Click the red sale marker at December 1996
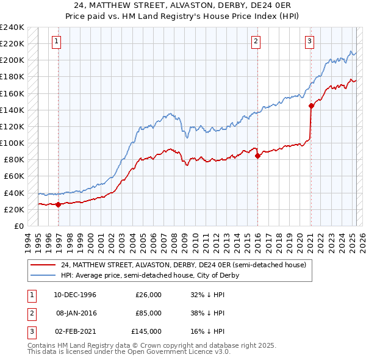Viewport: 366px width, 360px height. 59,204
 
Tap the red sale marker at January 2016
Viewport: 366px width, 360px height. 257,156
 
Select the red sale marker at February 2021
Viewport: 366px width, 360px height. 311,106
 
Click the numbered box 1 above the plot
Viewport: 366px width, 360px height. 56,41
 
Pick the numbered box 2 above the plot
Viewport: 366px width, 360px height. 256,41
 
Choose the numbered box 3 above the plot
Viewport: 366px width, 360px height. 309,41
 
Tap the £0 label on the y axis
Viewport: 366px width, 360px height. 19,226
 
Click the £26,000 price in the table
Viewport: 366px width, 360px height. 148,295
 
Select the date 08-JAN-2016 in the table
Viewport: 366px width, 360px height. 76,313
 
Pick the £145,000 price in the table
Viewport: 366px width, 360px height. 146,331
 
